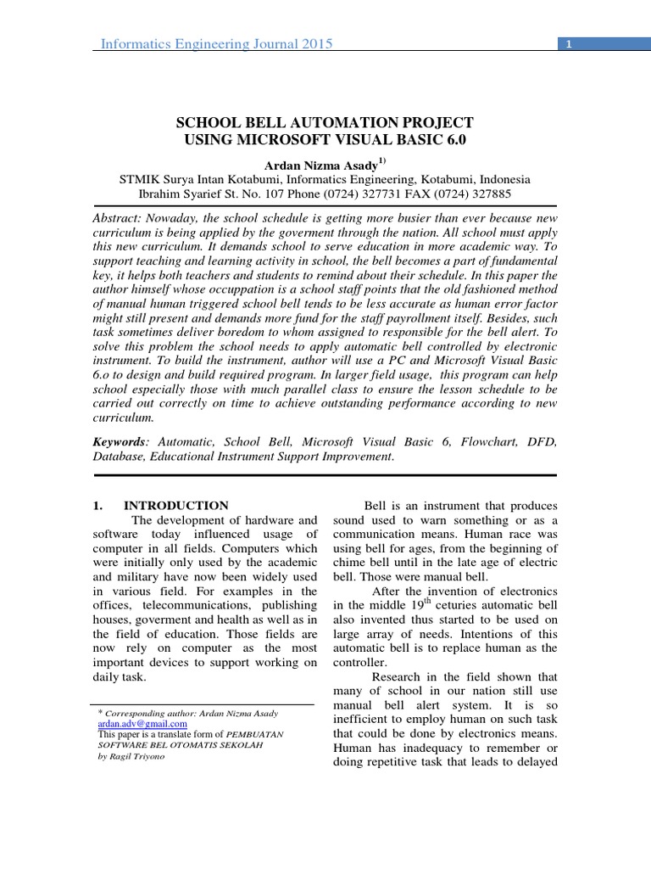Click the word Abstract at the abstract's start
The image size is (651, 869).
pos(116,218)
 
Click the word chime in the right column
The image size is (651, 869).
pos(354,563)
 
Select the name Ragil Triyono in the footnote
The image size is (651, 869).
pos(138,755)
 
